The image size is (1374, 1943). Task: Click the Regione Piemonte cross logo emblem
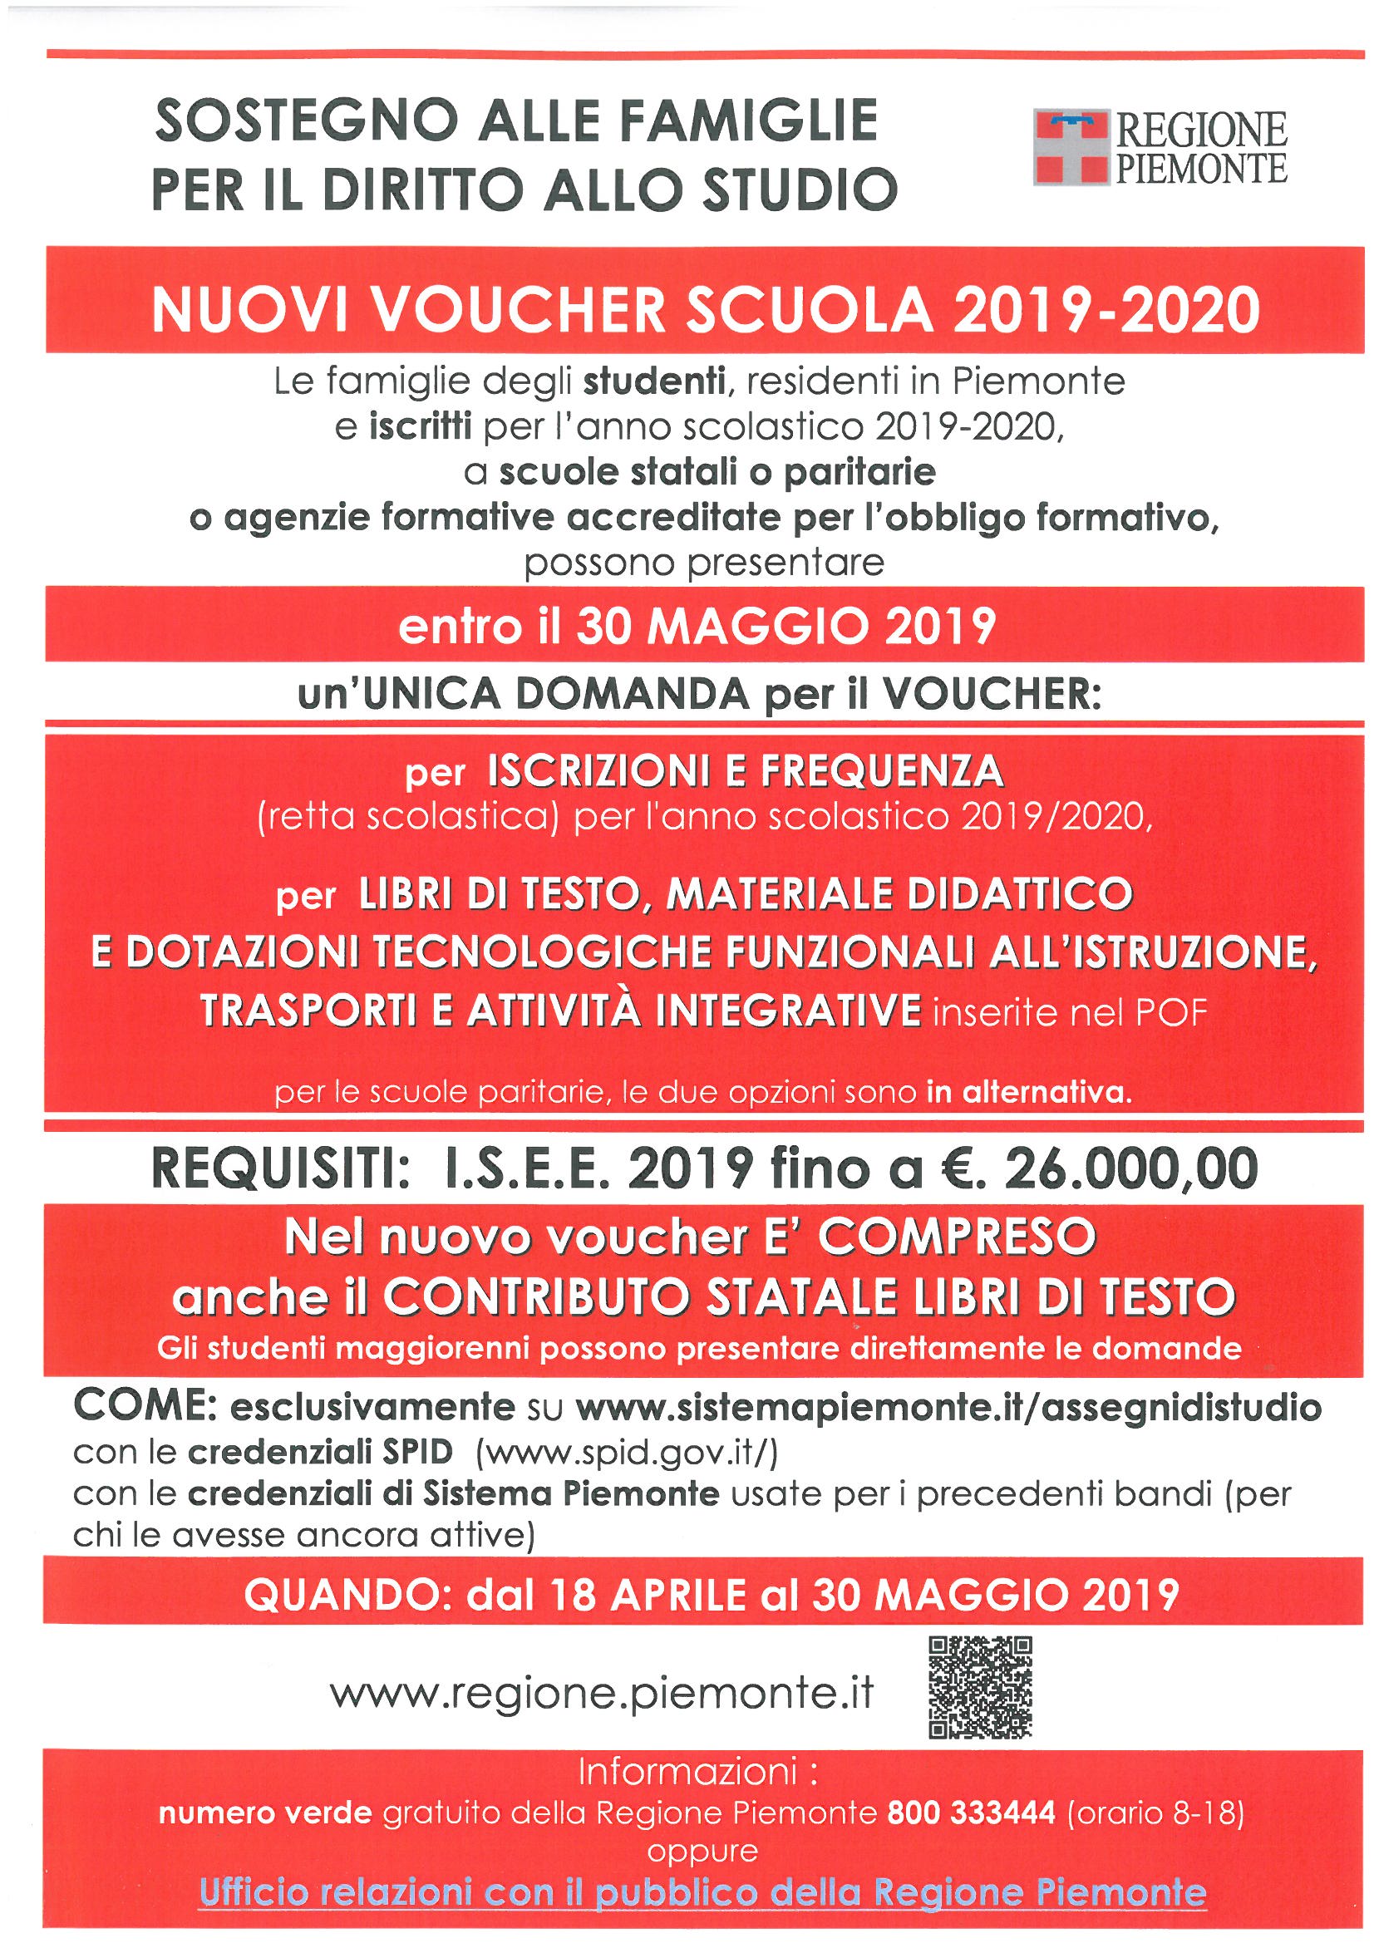point(1070,146)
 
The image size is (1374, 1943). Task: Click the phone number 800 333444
point(971,1813)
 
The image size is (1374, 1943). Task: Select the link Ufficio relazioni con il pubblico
point(702,1891)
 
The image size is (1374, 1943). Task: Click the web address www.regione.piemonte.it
point(602,1694)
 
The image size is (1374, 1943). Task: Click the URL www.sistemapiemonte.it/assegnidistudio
point(948,1407)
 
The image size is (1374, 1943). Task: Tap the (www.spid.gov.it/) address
point(627,1451)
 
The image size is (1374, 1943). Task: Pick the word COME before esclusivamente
point(145,1406)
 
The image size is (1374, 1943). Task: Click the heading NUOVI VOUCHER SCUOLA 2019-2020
point(705,310)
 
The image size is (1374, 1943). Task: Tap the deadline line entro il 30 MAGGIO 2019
point(697,627)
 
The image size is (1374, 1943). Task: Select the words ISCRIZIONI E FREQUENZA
point(745,771)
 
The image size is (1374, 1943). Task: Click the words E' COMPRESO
point(957,1237)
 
